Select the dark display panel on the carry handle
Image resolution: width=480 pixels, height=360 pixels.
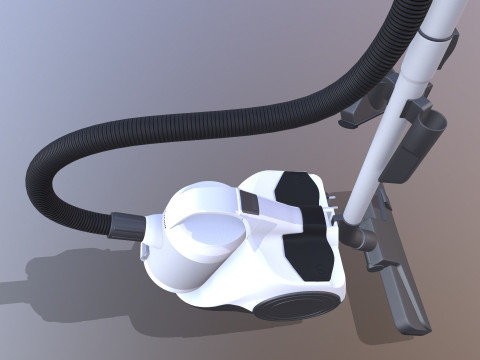[250, 204]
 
